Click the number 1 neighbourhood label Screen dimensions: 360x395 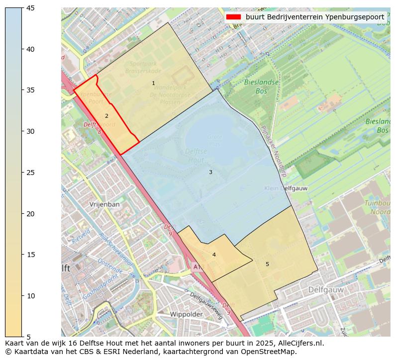[x=153, y=83]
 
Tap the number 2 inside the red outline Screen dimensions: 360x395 [x=106, y=116]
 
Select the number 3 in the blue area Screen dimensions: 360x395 [x=210, y=172]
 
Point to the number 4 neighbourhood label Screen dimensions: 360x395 [x=214, y=255]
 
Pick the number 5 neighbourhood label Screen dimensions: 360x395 [x=267, y=264]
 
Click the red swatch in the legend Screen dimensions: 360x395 [x=233, y=17]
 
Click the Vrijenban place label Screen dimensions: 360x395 [x=104, y=204]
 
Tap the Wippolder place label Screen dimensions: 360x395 [x=186, y=314]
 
